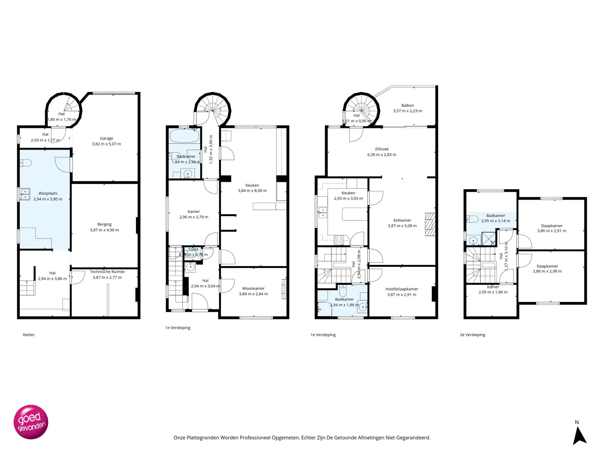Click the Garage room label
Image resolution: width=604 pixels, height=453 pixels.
click(x=106, y=139)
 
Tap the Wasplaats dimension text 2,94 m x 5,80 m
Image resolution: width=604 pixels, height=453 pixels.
click(x=48, y=199)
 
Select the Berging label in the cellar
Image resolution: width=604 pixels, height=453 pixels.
click(x=105, y=224)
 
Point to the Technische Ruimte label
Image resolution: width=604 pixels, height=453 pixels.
click(x=107, y=272)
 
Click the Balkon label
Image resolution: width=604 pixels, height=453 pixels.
click(x=407, y=106)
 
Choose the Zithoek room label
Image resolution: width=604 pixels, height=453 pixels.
click(x=382, y=149)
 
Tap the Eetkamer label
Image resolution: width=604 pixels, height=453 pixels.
click(x=402, y=220)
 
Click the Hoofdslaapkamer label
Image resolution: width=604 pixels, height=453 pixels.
click(x=402, y=289)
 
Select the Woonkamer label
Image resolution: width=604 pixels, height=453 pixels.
click(x=253, y=288)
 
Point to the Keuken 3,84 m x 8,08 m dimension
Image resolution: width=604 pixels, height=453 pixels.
click(x=252, y=191)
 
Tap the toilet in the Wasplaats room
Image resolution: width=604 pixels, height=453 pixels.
click(x=26, y=163)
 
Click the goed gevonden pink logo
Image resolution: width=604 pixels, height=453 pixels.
click(x=31, y=422)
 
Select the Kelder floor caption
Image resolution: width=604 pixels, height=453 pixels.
click(x=29, y=335)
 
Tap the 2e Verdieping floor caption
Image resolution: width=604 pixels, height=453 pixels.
click(x=472, y=335)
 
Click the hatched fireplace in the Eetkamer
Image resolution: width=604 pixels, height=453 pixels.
click(x=430, y=225)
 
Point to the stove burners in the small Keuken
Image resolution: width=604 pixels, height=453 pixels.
click(x=339, y=240)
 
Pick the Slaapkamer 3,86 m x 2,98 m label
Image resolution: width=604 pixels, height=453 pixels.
click(x=547, y=266)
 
